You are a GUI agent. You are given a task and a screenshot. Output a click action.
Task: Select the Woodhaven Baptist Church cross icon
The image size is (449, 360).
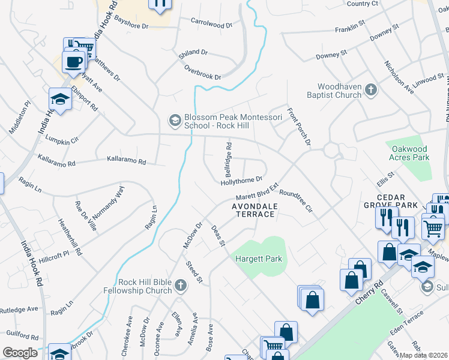pyautogui.click(x=371, y=90)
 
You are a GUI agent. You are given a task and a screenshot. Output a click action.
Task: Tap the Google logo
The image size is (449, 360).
pyautogui.click(x=20, y=353)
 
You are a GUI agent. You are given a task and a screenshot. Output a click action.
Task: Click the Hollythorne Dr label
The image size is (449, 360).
pyautogui.click(x=242, y=179)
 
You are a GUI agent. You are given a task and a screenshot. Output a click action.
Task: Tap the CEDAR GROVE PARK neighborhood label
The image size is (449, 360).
pyautogui.click(x=396, y=201)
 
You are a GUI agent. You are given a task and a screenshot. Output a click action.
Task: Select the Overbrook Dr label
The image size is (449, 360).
pyautogui.click(x=202, y=73)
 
